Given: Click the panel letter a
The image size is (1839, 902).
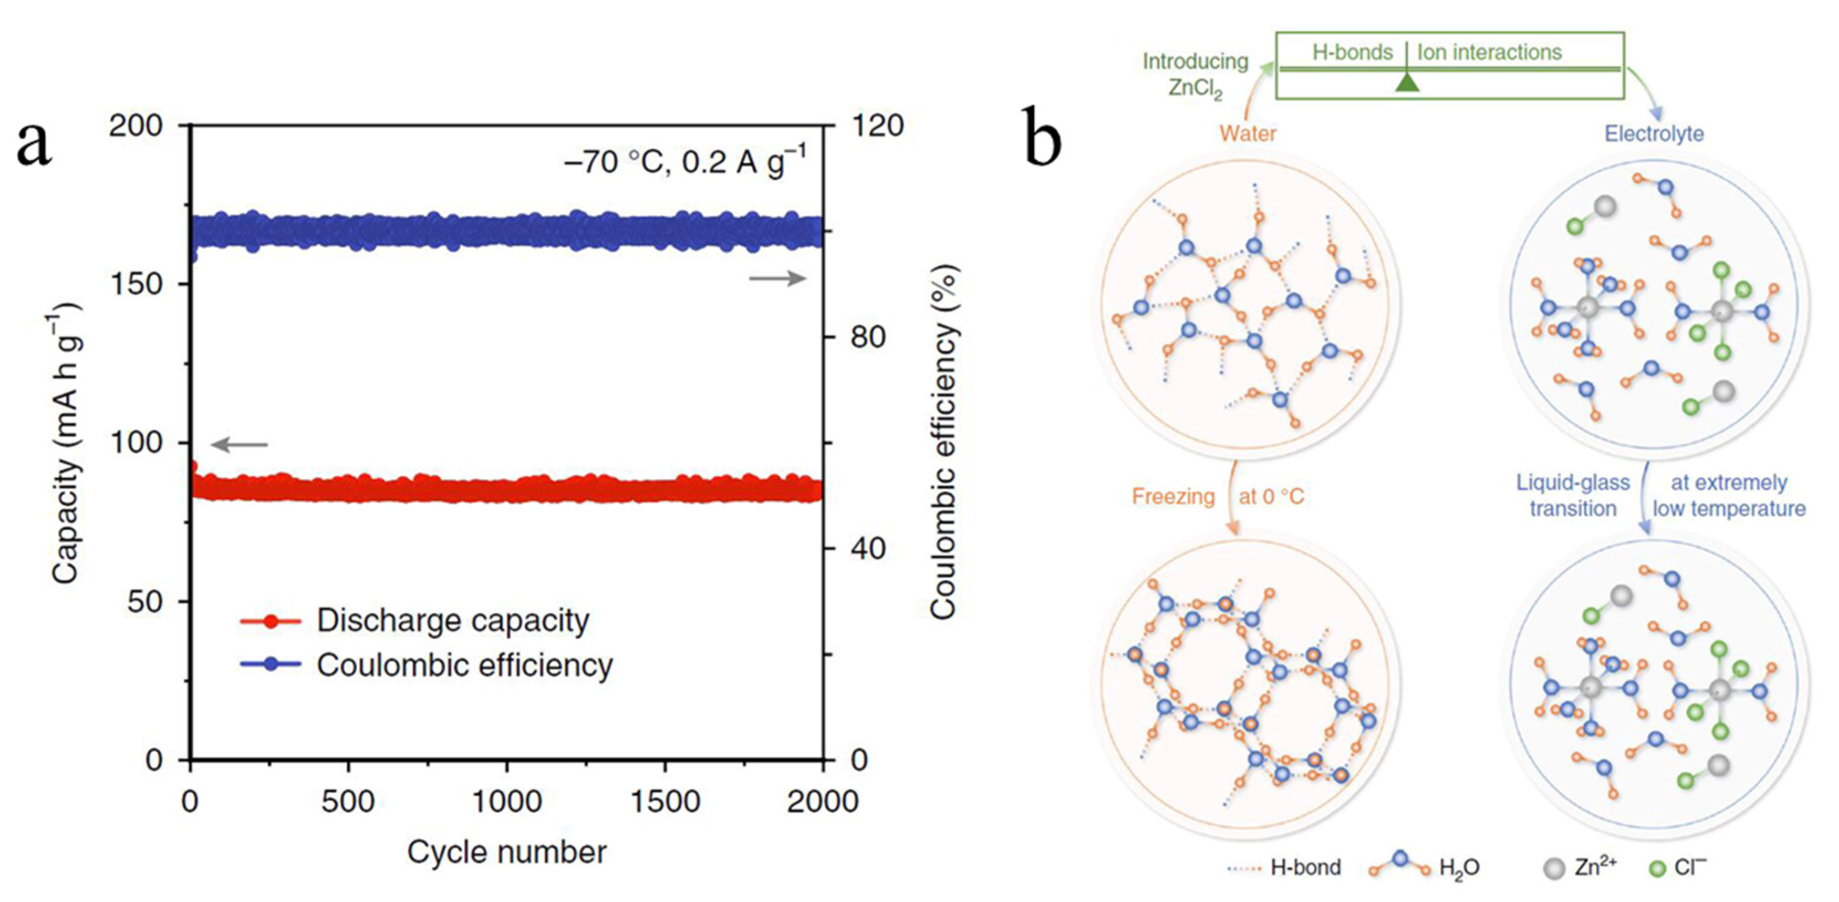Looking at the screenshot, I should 34,143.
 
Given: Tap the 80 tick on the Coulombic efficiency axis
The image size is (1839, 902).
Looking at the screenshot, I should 868,336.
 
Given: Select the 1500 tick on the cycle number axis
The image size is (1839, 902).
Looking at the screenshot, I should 664,802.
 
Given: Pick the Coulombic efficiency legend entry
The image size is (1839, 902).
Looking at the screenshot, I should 465,665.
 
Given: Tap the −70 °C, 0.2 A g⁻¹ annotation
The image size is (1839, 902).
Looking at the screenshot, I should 685,162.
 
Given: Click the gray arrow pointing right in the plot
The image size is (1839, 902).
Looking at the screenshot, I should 777,278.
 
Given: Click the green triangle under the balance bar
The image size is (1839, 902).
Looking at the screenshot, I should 1407,82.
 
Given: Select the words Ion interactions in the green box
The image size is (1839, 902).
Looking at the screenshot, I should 1489,52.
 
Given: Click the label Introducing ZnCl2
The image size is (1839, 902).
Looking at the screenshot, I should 1195,74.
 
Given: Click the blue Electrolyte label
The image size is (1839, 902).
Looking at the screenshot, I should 1654,133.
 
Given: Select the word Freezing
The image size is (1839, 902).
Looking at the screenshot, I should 1173,496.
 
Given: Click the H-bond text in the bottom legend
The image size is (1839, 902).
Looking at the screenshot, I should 1306,868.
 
